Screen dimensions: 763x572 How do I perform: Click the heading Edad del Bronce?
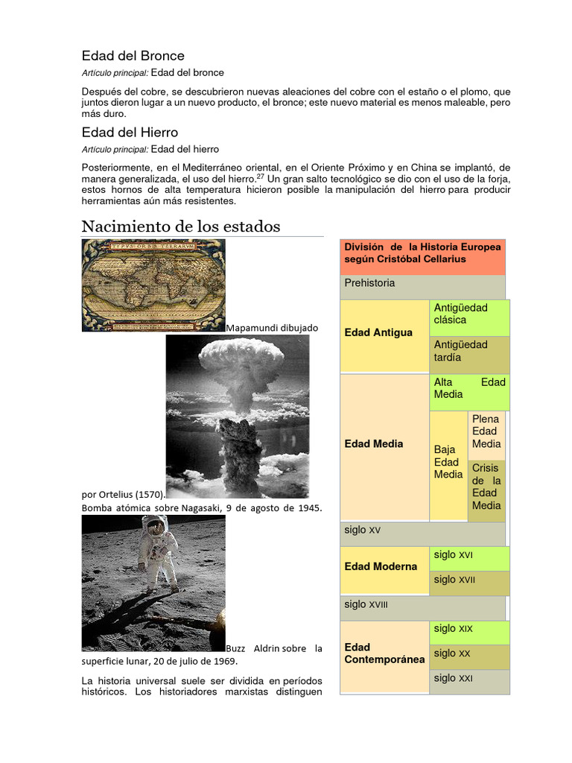tap(133, 56)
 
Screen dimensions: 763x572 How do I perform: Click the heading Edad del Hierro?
tap(130, 132)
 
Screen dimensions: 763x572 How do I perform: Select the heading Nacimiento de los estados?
tap(180, 226)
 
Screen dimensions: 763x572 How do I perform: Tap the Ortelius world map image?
tap(153, 285)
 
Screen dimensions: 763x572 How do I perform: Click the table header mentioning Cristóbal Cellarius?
tap(422, 253)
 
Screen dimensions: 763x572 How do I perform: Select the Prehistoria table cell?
tap(422, 284)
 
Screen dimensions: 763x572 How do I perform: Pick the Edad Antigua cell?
tap(378, 332)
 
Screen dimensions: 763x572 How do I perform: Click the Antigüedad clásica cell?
tap(468, 314)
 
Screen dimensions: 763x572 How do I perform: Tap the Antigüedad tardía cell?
tap(468, 351)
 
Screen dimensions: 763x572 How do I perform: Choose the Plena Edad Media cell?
tap(486, 431)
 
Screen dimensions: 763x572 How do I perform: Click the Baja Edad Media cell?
tap(448, 462)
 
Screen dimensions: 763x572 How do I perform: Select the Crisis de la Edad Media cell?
tap(486, 487)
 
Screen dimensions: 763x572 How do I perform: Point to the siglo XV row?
tap(422, 531)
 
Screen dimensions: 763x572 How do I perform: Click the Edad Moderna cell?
tap(381, 566)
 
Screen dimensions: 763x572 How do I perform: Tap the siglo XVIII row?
tap(422, 605)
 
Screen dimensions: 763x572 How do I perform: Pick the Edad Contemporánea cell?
tap(384, 653)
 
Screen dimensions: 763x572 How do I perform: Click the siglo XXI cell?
tap(468, 678)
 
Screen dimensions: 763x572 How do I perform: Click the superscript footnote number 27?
tap(261, 176)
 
